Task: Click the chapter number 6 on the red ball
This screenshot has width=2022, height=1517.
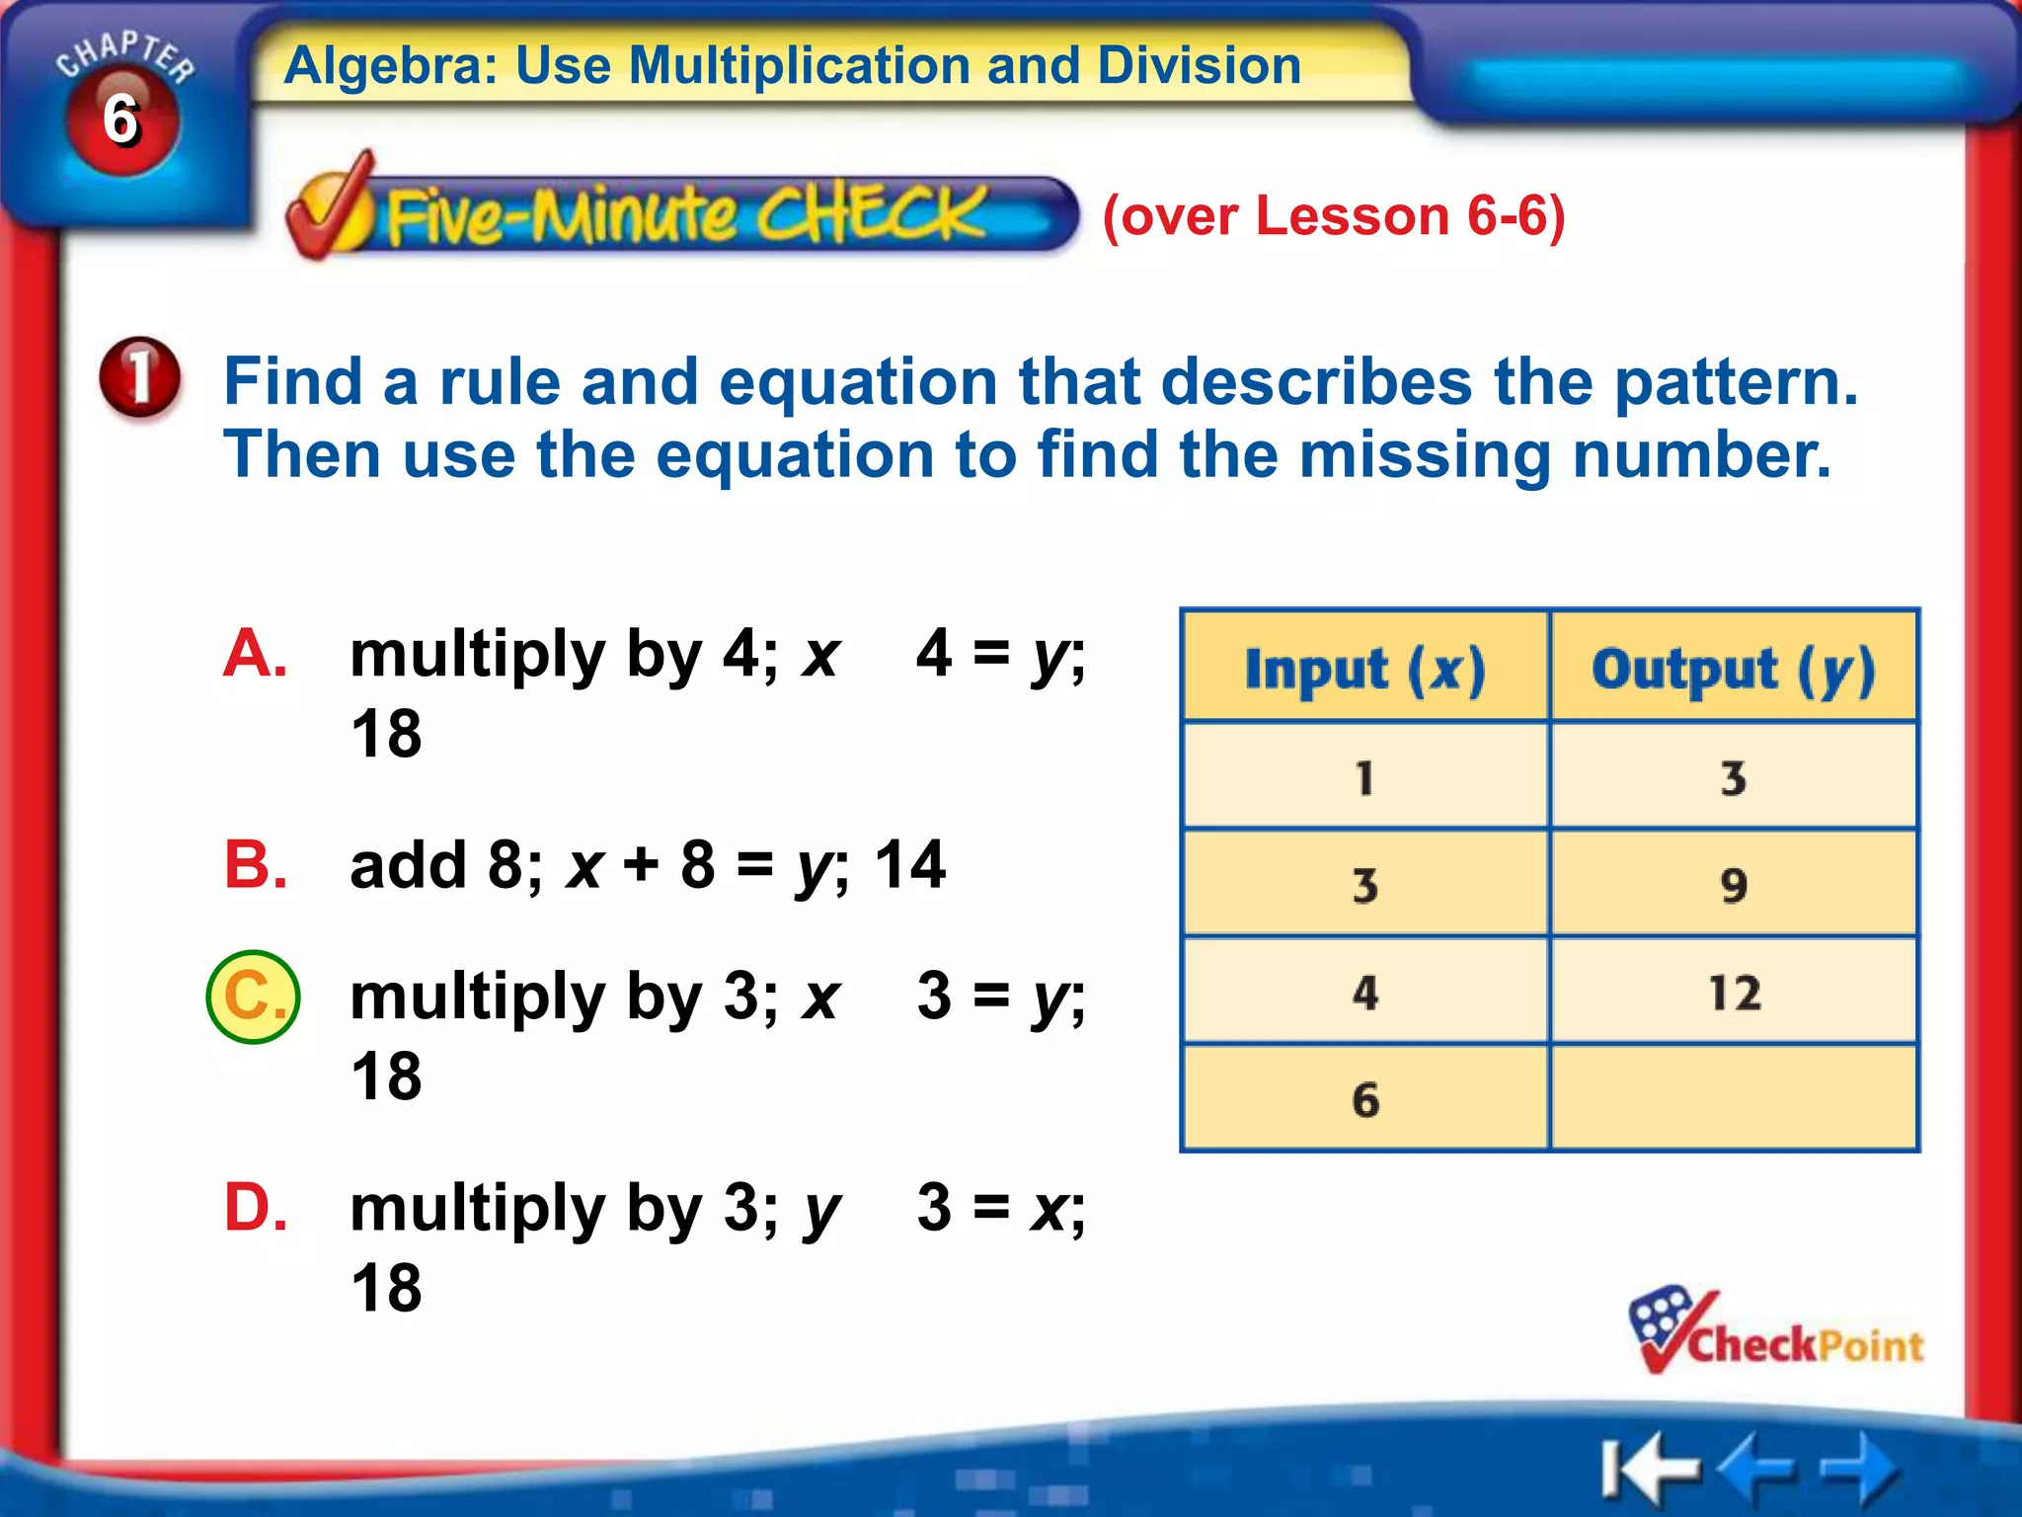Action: coord(121,120)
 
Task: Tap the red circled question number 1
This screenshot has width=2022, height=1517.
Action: coord(140,376)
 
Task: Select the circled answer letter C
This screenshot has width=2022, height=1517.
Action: coord(253,997)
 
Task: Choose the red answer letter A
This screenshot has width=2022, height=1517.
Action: coord(255,654)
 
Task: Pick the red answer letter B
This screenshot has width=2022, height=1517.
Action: coord(255,864)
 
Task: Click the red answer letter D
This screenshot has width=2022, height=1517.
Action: coord(255,1207)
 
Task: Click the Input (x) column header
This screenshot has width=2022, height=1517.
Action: coord(1364,668)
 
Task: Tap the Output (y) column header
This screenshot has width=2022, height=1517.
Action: coord(1733,668)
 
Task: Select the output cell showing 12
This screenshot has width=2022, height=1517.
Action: coord(1734,992)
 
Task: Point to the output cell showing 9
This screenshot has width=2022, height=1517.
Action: coord(1734,885)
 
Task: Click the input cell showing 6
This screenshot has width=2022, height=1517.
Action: coord(1365,1099)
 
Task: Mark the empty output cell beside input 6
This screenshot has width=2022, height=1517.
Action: coord(1734,1099)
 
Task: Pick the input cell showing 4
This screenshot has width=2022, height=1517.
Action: coord(1365,992)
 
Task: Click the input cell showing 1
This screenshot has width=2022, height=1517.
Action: coord(1365,777)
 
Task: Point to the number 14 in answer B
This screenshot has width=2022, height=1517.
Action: coord(909,864)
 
